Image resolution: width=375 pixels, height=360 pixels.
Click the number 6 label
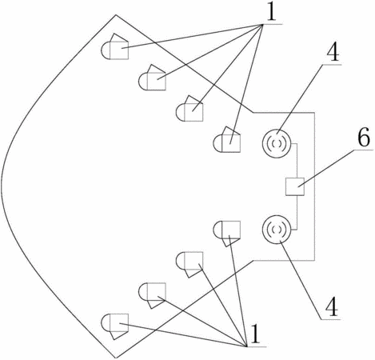(x=364, y=137)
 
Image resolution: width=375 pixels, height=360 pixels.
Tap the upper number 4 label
(x=333, y=52)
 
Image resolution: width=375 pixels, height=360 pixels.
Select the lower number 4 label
(x=332, y=307)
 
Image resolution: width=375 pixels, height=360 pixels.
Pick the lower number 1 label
(x=255, y=334)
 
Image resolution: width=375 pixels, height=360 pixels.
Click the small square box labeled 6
(x=295, y=186)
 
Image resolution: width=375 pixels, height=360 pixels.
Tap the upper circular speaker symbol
(x=277, y=144)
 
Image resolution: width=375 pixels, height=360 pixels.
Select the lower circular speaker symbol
(x=277, y=229)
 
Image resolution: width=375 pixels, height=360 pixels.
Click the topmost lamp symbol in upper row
(x=114, y=46)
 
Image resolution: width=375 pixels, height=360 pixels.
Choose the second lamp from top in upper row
(x=152, y=78)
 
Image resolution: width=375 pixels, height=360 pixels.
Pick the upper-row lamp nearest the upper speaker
(x=227, y=139)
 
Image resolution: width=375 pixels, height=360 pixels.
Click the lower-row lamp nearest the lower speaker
(x=227, y=234)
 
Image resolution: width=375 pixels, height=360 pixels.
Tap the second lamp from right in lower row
(x=189, y=265)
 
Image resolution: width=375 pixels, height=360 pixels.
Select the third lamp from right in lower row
(x=152, y=295)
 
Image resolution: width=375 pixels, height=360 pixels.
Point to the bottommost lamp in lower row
(x=114, y=326)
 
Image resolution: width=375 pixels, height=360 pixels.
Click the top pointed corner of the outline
(x=116, y=15)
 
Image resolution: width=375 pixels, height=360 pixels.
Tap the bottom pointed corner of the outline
(x=116, y=358)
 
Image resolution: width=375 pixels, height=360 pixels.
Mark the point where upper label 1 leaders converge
(x=263, y=25)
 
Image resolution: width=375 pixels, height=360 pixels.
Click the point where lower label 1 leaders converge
(x=247, y=346)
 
